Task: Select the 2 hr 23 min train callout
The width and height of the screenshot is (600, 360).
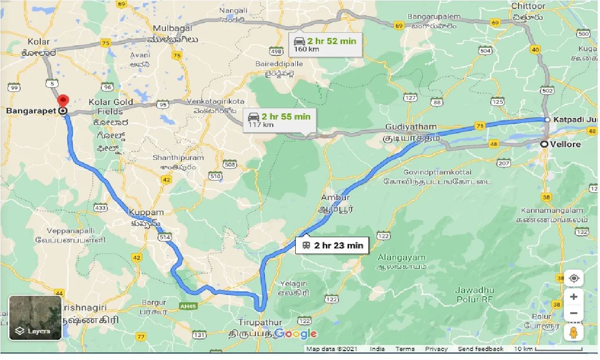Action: tap(332, 245)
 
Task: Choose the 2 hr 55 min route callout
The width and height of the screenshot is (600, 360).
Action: tap(279, 120)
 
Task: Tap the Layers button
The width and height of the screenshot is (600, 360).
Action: tap(35, 318)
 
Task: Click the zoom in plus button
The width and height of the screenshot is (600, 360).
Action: tap(574, 297)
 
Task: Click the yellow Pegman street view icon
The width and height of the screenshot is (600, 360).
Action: tap(574, 332)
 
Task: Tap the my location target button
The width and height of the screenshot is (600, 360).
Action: tap(574, 278)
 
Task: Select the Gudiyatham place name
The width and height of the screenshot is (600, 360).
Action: tap(411, 127)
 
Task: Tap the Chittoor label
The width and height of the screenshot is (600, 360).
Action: tap(528, 6)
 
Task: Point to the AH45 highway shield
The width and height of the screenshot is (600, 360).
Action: tap(187, 305)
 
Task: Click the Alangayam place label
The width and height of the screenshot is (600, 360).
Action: tap(401, 258)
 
